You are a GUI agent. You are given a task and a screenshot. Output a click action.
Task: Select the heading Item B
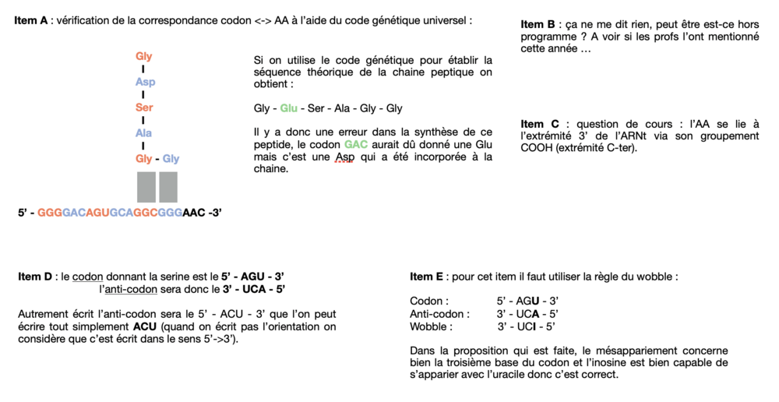(538, 25)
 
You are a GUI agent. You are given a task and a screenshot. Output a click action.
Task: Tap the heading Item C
(538, 125)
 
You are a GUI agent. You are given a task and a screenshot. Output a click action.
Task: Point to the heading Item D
(35, 277)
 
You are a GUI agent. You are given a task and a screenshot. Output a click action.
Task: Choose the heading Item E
(427, 277)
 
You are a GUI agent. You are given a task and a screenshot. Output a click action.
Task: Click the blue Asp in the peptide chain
(145, 82)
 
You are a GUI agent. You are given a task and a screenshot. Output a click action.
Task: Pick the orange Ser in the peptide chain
(144, 108)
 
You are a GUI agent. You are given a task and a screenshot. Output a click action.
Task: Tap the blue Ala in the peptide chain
(144, 133)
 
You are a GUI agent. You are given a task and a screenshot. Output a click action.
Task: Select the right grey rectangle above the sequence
(168, 187)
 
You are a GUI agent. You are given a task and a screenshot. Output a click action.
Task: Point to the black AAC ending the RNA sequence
(195, 212)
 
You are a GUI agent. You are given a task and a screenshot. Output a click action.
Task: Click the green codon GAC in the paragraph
(354, 145)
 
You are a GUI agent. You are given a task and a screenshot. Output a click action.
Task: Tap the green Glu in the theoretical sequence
(289, 108)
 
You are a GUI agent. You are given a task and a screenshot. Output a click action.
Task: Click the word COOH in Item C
(536, 147)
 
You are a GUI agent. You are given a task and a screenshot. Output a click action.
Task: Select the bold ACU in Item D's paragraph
(146, 326)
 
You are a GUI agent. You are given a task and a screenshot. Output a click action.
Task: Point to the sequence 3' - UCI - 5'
(527, 326)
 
